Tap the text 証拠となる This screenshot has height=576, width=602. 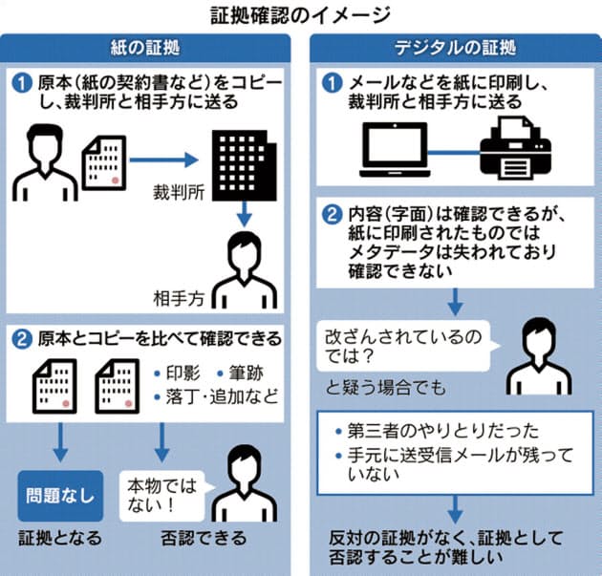tap(58, 539)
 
